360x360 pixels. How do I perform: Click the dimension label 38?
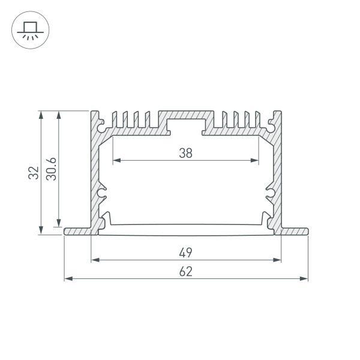click(x=185, y=152)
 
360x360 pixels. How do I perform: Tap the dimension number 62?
click(x=185, y=271)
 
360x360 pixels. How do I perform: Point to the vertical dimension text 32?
click(x=34, y=173)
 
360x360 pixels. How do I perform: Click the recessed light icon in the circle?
click(x=28, y=30)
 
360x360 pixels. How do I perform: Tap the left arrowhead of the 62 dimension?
click(x=67, y=279)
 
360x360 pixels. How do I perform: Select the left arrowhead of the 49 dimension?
click(x=94, y=260)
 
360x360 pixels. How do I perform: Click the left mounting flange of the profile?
click(x=77, y=231)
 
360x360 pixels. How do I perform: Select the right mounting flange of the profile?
click(x=295, y=231)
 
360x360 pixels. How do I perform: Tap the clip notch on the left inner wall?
click(x=103, y=192)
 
